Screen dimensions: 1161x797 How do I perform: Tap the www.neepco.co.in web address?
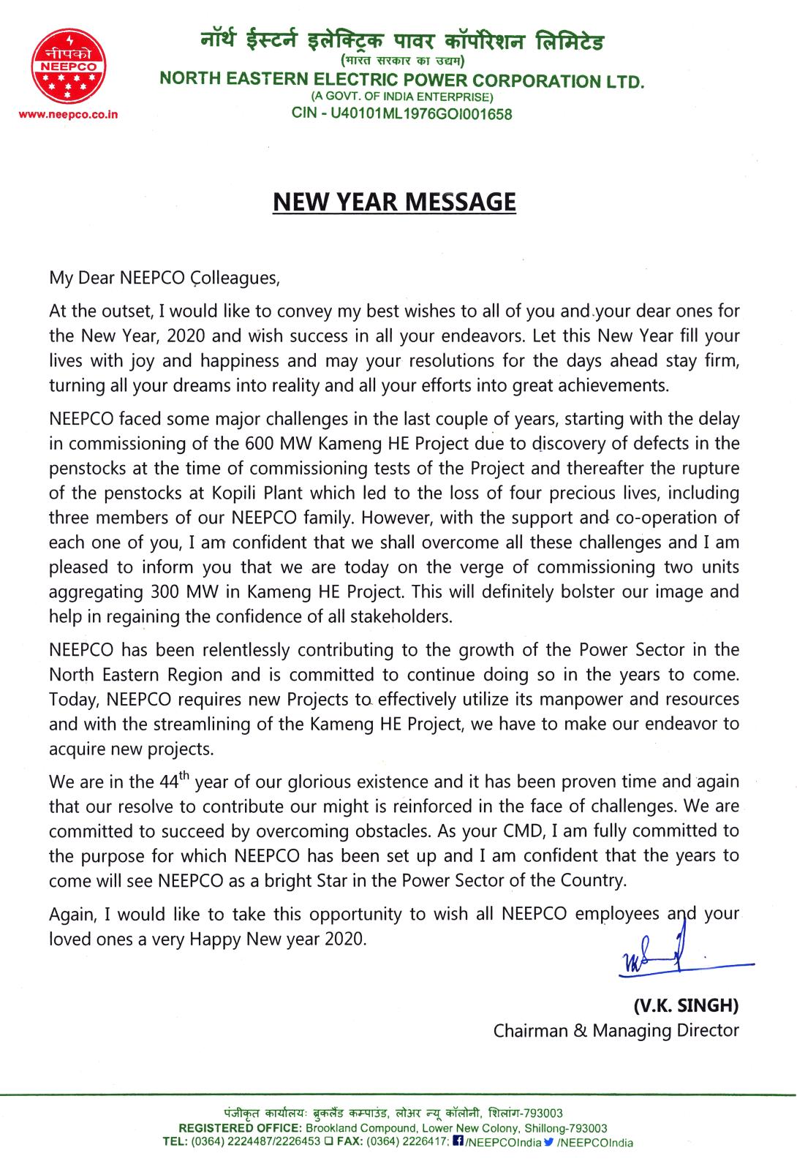click(69, 115)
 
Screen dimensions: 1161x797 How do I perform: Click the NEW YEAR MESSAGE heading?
click(394, 201)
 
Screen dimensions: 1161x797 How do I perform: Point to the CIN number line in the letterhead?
click(401, 114)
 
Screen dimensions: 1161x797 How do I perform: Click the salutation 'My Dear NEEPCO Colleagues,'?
click(165, 278)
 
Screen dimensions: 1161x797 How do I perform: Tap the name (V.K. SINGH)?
click(685, 1005)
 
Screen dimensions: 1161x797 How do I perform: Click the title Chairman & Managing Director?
click(616, 1030)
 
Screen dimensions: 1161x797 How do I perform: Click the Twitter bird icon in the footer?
click(549, 1142)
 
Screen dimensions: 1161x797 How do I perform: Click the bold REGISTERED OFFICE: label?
click(236, 1128)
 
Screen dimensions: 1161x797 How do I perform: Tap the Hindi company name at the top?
click(401, 41)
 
